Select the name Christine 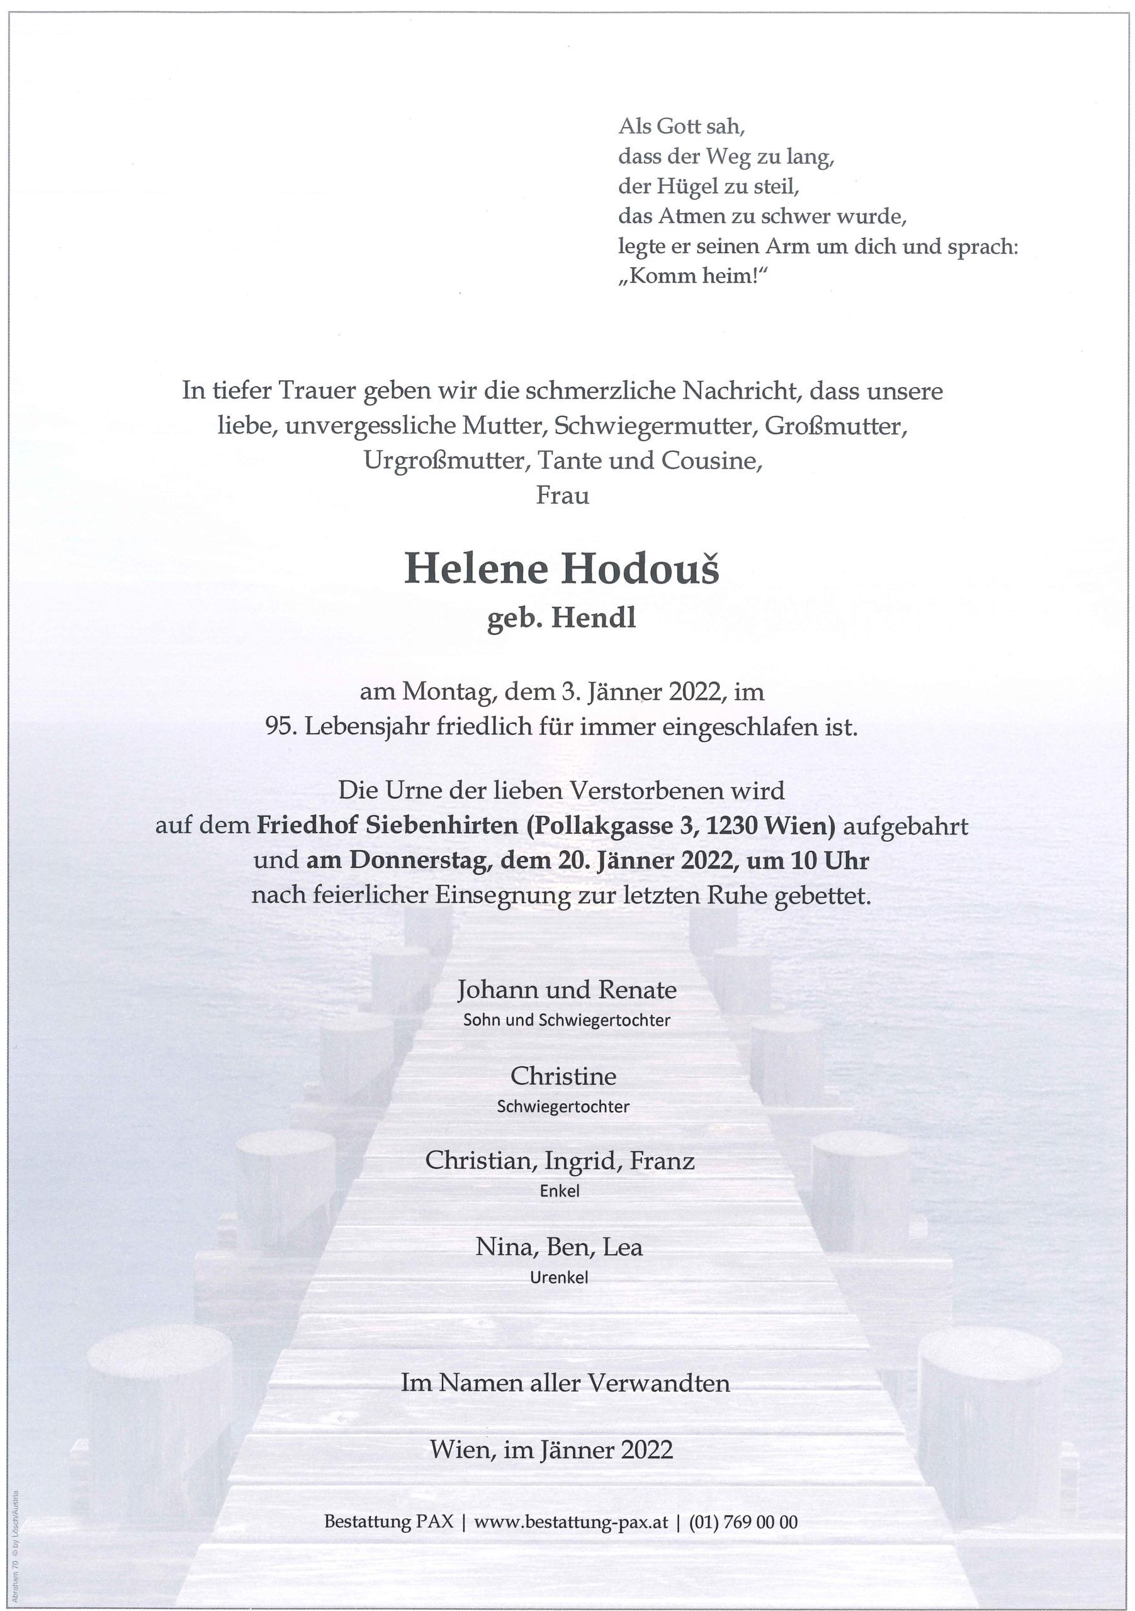click(563, 1075)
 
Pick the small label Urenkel click(560, 1277)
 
